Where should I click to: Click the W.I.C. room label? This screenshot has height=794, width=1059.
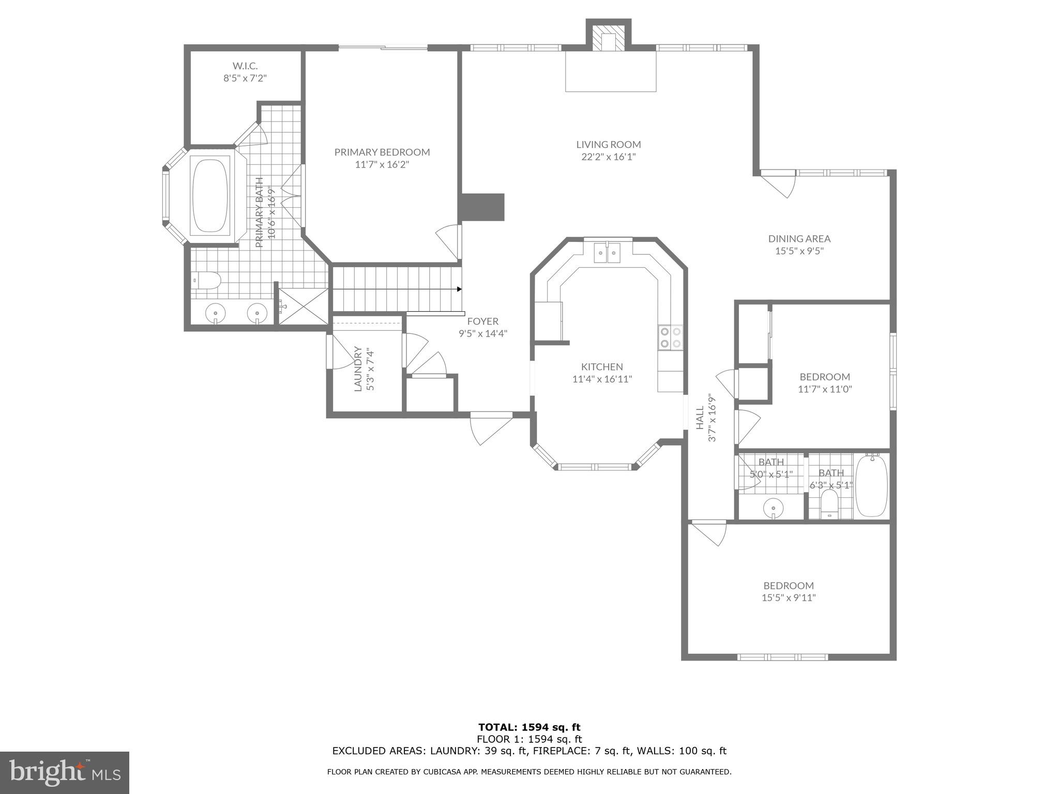pyautogui.click(x=245, y=66)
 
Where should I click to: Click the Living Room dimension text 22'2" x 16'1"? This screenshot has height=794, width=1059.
pyautogui.click(x=608, y=157)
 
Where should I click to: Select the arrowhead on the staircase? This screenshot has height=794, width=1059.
pyautogui.click(x=459, y=289)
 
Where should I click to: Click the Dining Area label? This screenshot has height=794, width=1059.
pyautogui.click(x=799, y=239)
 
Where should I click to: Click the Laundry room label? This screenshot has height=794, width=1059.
pyautogui.click(x=358, y=369)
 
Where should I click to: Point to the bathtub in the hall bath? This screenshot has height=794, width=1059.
pyautogui.click(x=871, y=485)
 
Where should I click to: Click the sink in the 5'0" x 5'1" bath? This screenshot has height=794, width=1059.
pyautogui.click(x=773, y=507)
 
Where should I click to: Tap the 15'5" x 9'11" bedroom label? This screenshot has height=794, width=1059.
pyautogui.click(x=789, y=586)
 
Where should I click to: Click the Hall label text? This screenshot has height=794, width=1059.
pyautogui.click(x=700, y=418)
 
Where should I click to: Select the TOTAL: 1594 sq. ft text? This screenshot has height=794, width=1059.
pyautogui.click(x=529, y=728)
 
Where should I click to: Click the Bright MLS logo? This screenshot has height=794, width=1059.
pyautogui.click(x=65, y=772)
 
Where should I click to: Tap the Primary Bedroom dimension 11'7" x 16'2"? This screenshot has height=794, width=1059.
pyautogui.click(x=382, y=165)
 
